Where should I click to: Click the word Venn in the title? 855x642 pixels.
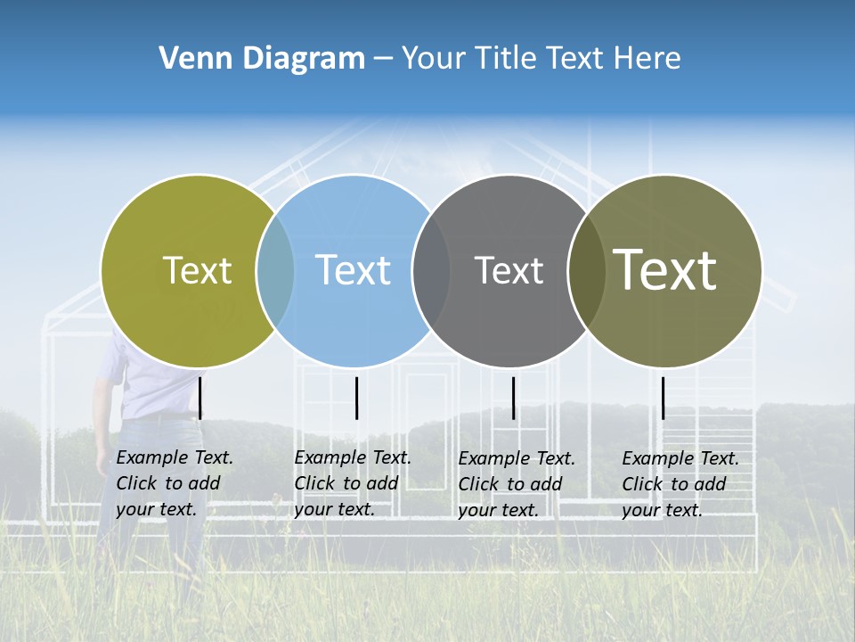tap(189, 59)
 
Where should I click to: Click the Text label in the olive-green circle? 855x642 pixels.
tap(197, 270)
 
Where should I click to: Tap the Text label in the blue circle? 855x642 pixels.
tap(354, 270)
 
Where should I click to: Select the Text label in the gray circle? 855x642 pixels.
tap(509, 270)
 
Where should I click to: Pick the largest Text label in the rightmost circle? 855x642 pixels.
tap(665, 270)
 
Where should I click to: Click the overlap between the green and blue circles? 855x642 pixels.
tap(275, 270)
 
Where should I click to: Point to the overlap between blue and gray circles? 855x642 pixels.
tap(431, 270)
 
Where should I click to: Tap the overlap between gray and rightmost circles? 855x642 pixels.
tap(585, 270)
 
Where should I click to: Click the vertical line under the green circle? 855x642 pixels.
tap(200, 398)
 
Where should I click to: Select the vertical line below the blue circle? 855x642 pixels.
tap(356, 398)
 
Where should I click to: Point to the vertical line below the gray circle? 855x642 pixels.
tap(513, 398)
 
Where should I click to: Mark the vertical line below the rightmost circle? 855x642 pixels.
tap(663, 398)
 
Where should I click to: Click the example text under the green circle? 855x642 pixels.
tap(175, 483)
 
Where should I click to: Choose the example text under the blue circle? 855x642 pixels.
tap(353, 483)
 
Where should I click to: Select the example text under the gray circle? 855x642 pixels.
tap(517, 484)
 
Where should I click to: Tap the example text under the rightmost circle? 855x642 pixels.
tap(680, 484)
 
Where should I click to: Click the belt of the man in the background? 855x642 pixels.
tap(160, 416)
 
